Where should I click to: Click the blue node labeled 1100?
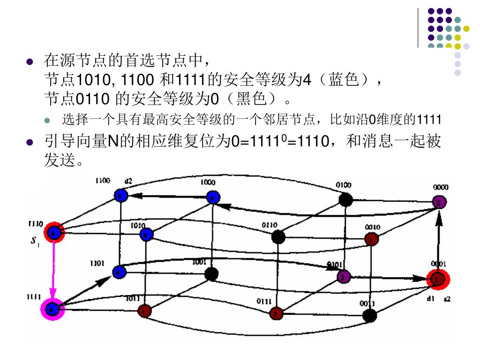pos(121,196)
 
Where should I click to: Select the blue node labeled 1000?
pos(213,197)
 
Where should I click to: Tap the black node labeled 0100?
pos(345,200)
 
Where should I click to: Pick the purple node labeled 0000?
pos(439,202)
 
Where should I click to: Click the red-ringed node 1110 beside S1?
pos(54,232)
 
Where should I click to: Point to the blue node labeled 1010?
pos(147,233)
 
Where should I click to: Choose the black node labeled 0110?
pos(278,237)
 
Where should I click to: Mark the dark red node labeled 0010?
pos(371,240)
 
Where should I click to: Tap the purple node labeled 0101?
pos(344,277)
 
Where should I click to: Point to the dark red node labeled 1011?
pos(145,310)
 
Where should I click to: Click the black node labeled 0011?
pos(370,315)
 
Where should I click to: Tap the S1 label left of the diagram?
pos(35,243)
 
